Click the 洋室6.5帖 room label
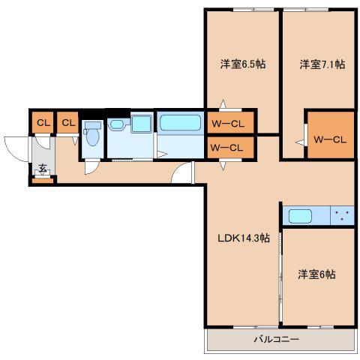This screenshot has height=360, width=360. (243, 64)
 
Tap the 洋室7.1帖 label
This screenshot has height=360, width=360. (322, 64)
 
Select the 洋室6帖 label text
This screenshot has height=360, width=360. (316, 274)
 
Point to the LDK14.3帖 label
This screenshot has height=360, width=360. (244, 238)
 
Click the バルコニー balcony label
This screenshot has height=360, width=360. (276, 339)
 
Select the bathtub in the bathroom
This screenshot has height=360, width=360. (180, 123)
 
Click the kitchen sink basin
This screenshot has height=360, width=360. (300, 216)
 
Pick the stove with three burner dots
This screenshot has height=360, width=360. (342, 215)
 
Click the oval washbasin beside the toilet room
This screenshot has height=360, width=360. (117, 124)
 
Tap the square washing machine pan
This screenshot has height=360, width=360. (142, 124)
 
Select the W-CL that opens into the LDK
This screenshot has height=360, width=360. (230, 148)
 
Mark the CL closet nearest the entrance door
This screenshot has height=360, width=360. (43, 122)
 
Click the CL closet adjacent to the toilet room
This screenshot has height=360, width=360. (67, 122)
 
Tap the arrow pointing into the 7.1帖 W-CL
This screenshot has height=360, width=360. (299, 142)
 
